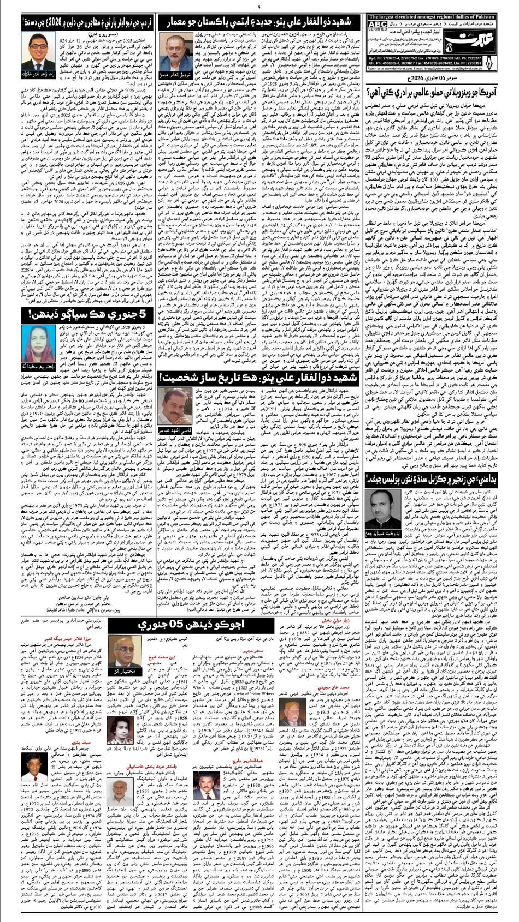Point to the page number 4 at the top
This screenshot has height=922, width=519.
[259, 7]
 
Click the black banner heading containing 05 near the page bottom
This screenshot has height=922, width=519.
[194, 623]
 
